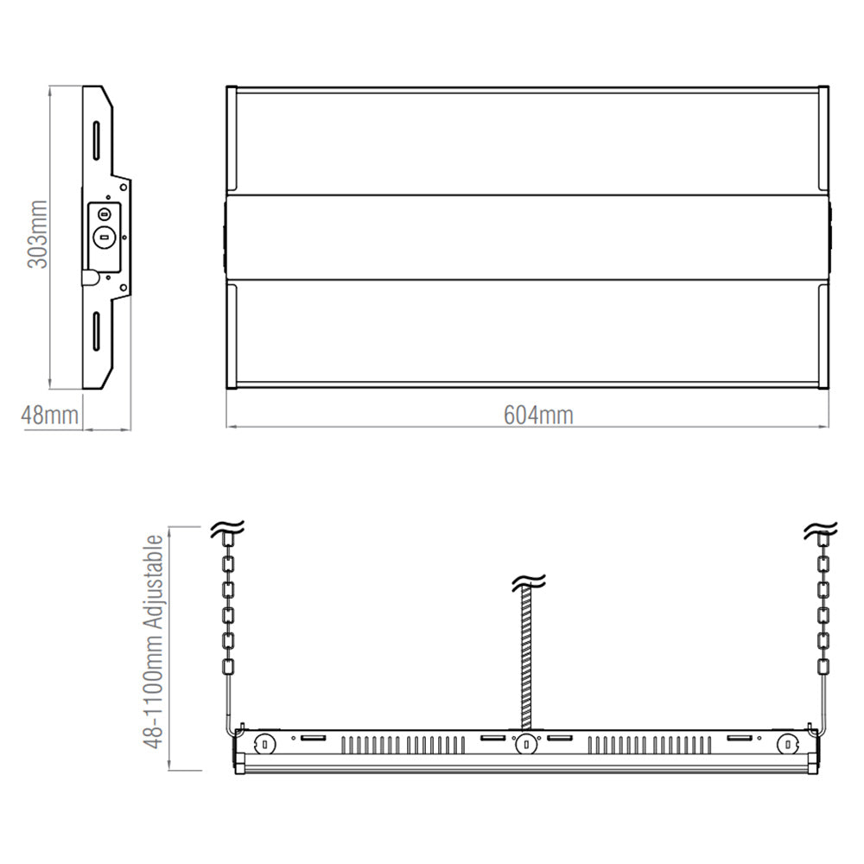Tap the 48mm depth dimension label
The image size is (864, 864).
pos(50,415)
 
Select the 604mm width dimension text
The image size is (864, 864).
pos(538,416)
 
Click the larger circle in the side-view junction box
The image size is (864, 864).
pos(105,236)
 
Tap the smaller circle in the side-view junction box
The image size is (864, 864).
pos(105,213)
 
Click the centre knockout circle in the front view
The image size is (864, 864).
pos(524,743)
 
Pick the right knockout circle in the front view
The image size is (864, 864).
pos(786,743)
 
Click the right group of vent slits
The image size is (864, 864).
pos(652,745)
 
